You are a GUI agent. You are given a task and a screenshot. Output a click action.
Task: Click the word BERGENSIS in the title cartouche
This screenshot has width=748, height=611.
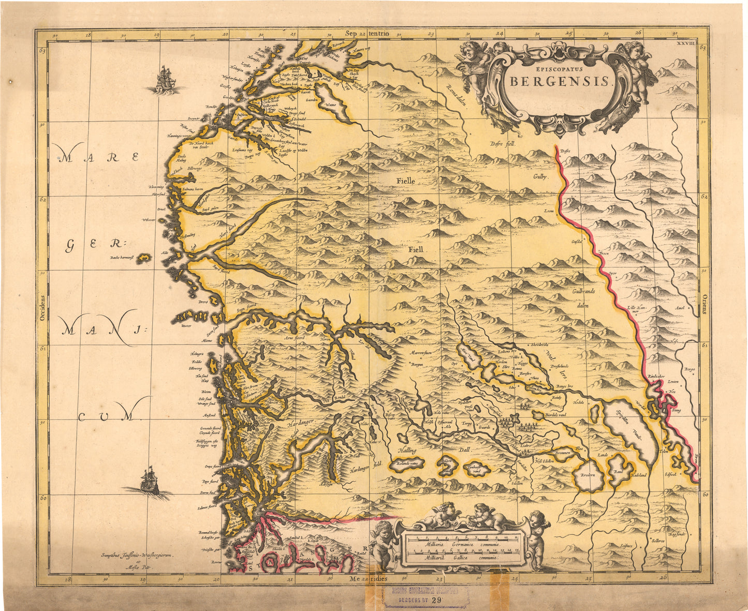tap(561, 82)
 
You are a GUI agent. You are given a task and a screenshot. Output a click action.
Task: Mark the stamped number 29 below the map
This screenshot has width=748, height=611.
tap(436, 600)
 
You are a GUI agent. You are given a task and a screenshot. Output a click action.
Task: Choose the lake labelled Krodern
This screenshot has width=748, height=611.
tap(588, 474)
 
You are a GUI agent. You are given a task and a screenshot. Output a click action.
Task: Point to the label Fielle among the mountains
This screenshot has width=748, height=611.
tap(406, 181)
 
